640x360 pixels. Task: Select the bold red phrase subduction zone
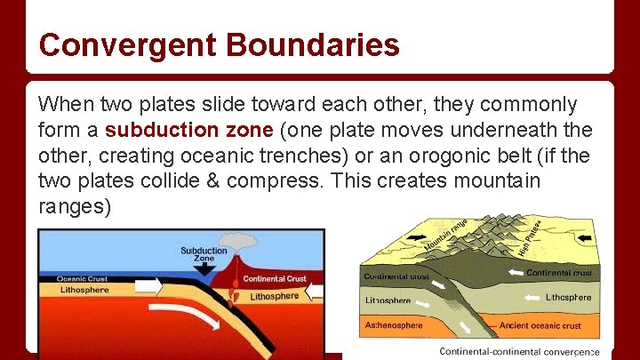(188, 129)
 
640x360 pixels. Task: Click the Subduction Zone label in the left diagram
(204, 255)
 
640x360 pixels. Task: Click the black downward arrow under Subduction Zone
(204, 268)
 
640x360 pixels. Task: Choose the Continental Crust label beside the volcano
(276, 279)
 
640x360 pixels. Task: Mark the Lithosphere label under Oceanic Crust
(84, 290)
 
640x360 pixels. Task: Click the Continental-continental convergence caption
(519, 352)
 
